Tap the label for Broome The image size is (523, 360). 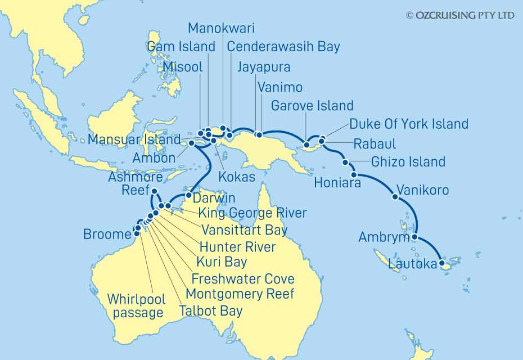coord(107,234)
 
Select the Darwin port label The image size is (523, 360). coord(214,199)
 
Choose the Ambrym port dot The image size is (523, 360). coord(414,237)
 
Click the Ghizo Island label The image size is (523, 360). coord(408,162)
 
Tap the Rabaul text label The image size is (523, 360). coord(375,144)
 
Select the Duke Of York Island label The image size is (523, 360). coord(409,124)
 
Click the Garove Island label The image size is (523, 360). coord(312,106)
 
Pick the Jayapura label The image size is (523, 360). coord(264,67)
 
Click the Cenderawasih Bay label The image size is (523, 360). coord(283,47)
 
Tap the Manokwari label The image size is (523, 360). coord(221,28)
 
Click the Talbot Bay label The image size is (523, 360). coord(210,310)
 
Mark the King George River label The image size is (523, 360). coord(251,213)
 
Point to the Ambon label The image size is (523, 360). coord(154,158)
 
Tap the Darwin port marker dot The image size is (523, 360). coord(189,195)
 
